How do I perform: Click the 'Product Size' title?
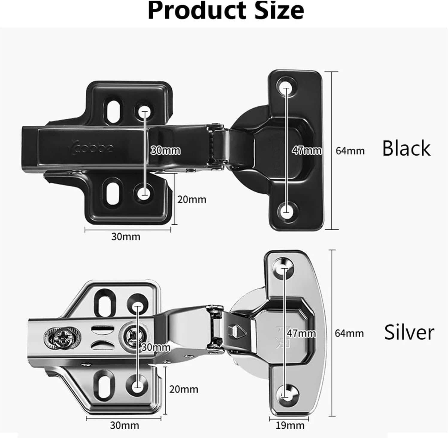tap(226, 11)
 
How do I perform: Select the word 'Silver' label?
tap(409, 332)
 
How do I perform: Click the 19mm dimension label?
tap(290, 425)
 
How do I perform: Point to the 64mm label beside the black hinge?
tap(350, 151)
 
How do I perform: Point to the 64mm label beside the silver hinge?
tap(349, 333)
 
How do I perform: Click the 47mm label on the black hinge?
tap(307, 150)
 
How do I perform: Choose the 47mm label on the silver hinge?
tap(301, 333)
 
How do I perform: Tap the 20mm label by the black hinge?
tap(192, 199)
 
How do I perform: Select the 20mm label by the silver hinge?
tap(184, 389)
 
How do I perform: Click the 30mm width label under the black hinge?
tap(126, 237)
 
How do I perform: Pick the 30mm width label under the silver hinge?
tap(124, 425)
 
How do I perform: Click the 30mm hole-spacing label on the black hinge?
tap(165, 150)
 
